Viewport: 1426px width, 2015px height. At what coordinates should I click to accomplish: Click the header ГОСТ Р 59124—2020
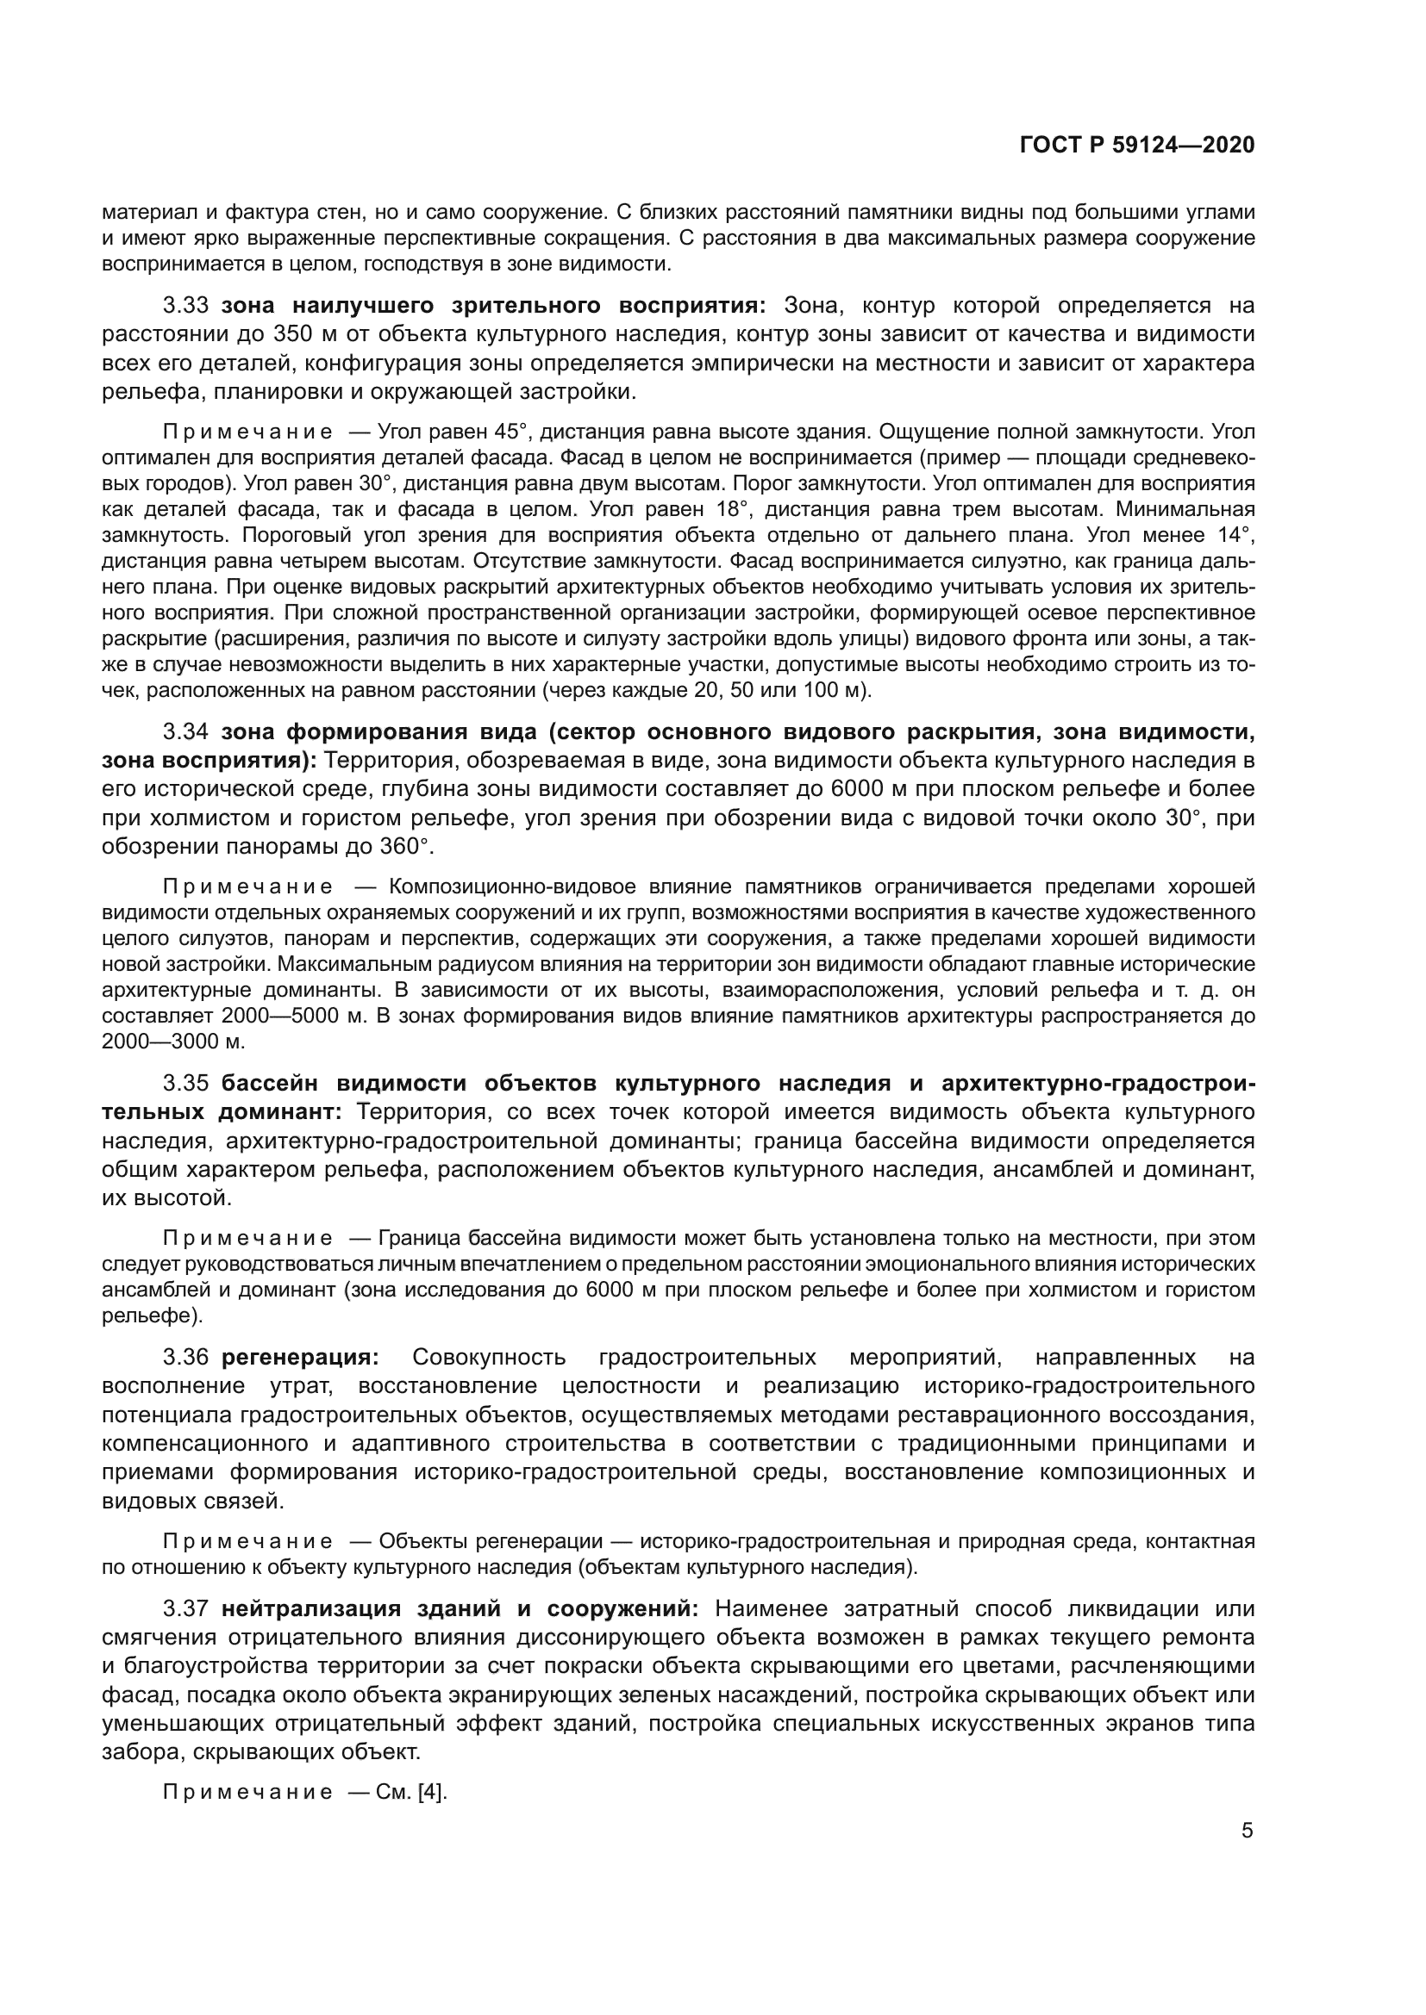(1137, 145)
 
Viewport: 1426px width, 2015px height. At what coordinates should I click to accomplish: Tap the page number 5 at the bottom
(1247, 1831)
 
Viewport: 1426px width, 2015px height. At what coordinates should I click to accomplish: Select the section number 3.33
(185, 306)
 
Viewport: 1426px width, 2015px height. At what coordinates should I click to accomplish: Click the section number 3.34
(185, 732)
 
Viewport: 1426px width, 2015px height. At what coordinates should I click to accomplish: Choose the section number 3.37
(185, 1608)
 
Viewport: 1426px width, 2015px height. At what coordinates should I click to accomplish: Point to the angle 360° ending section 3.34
(408, 847)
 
